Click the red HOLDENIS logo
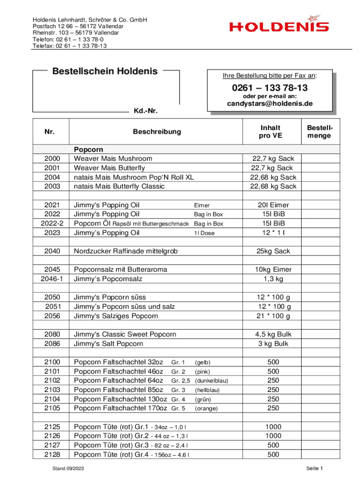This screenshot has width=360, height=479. point(279,27)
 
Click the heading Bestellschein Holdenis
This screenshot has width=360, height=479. point(105,72)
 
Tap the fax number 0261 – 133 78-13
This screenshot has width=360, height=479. point(269,88)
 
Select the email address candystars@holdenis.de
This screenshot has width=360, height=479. point(270,104)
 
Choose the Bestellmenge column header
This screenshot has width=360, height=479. point(320,131)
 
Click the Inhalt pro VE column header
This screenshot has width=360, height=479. point(270,131)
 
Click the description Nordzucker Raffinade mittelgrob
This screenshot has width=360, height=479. point(126,251)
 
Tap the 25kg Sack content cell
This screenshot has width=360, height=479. point(273,251)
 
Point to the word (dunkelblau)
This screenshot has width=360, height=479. point(211,381)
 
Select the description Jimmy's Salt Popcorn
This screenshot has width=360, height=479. point(108,344)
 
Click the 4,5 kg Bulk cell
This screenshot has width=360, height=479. point(273,334)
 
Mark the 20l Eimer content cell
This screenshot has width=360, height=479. point(273,205)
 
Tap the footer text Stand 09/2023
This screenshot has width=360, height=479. point(68,468)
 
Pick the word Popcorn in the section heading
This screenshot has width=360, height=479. point(88,150)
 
